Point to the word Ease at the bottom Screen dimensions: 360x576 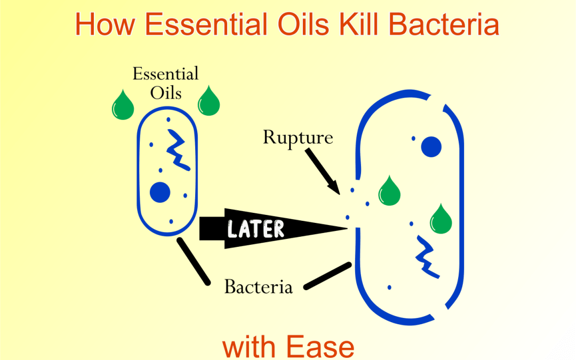point(322,347)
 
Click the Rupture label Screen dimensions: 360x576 point(298,138)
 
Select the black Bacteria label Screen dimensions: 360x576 point(258,287)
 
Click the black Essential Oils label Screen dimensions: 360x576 point(165,83)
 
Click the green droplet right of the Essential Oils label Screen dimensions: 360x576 point(209,102)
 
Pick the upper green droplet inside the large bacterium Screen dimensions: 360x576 point(389,191)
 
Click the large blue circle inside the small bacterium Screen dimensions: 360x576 point(160,192)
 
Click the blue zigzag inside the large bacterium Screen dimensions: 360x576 point(427,257)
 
